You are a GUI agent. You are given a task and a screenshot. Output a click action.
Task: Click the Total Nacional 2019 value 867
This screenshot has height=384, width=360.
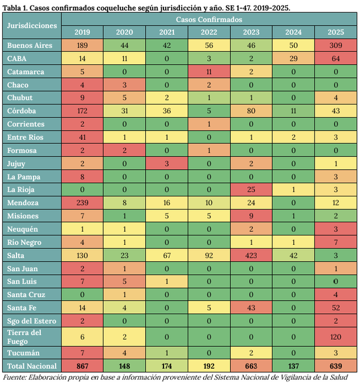coord(82,366)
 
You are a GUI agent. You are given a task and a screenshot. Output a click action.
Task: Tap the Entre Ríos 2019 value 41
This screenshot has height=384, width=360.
coord(82,137)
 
